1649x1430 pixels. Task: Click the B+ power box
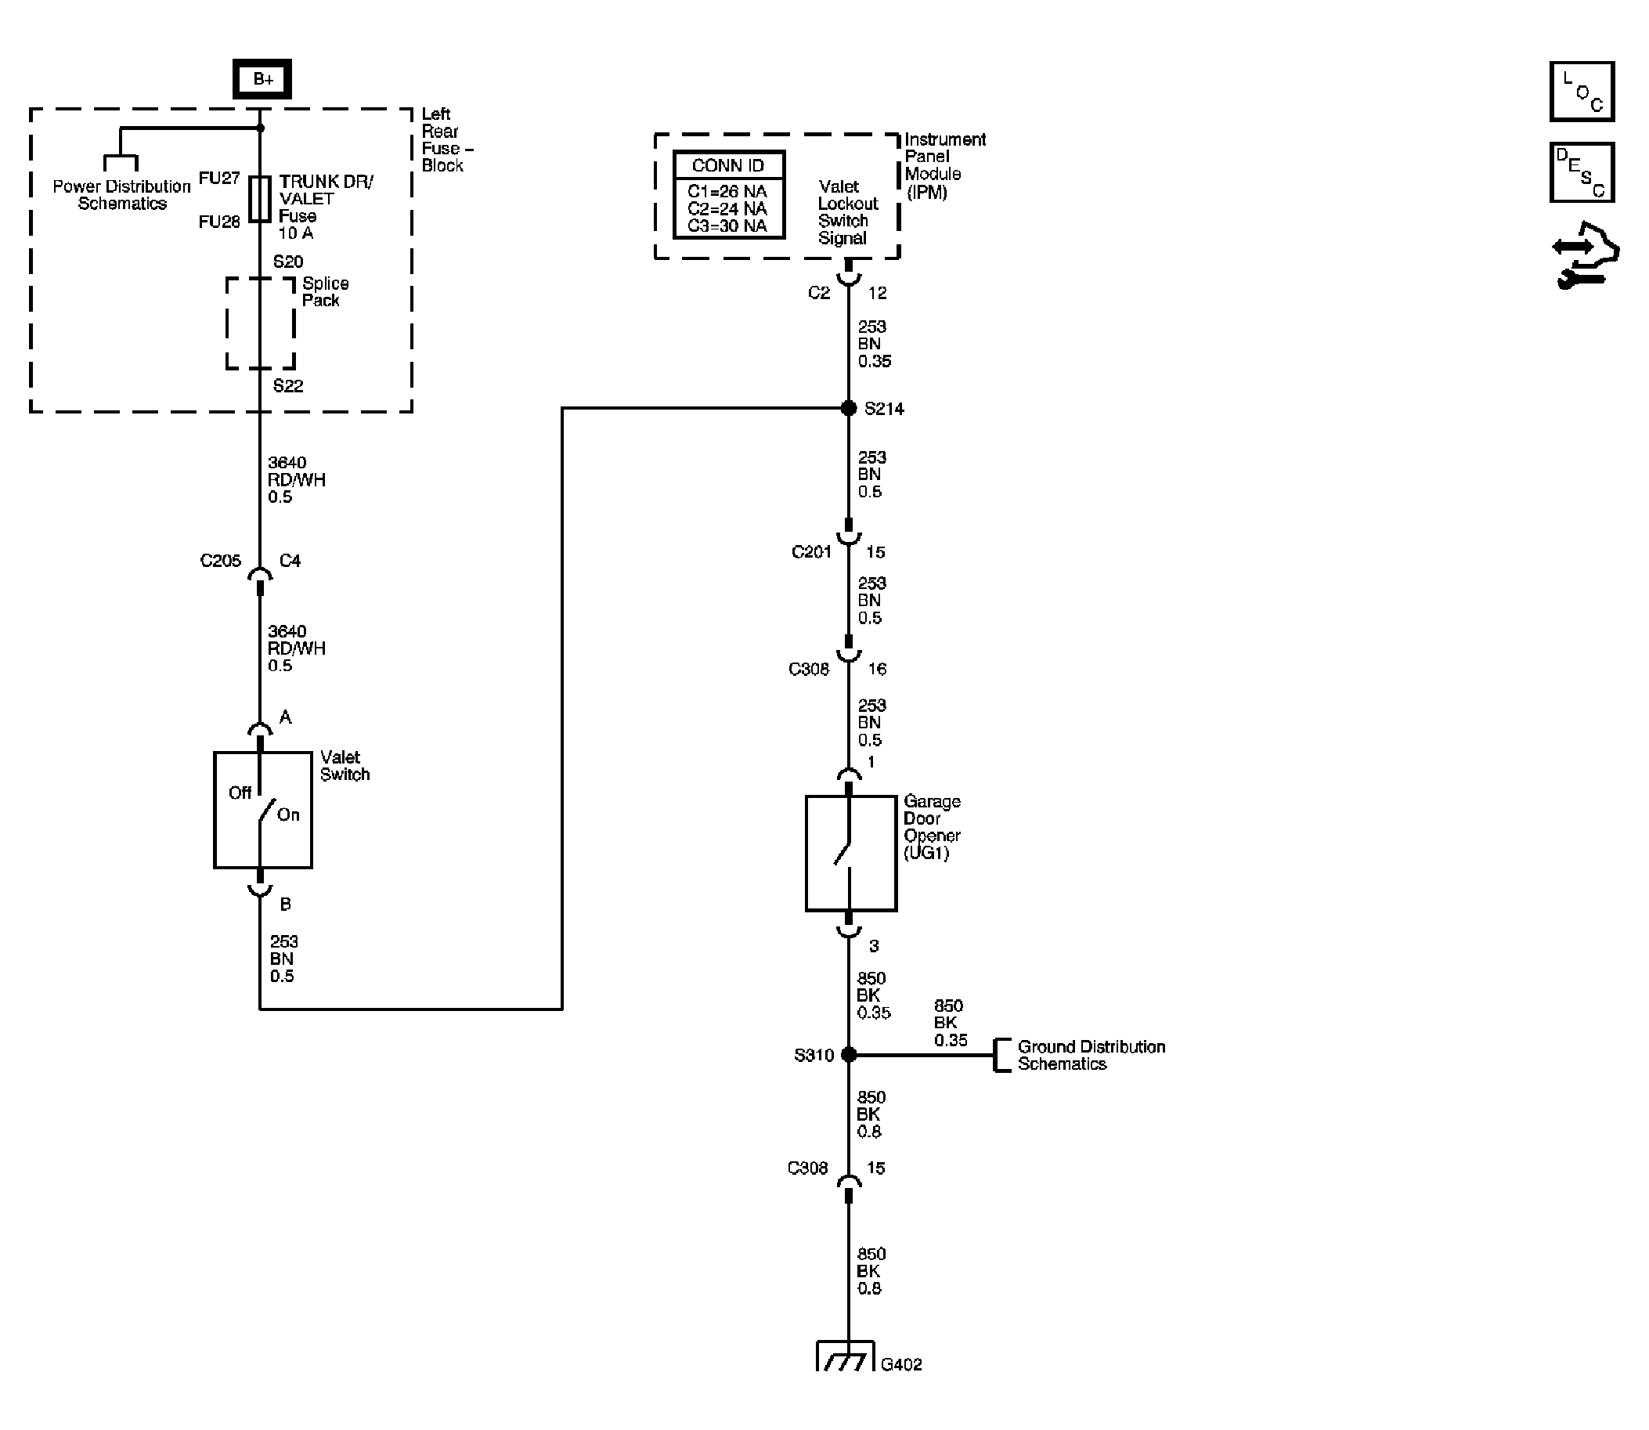[x=262, y=79]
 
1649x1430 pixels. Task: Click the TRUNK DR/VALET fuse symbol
[x=260, y=199]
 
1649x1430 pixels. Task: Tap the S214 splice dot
[x=848, y=409]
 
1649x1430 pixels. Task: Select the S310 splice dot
[x=849, y=1055]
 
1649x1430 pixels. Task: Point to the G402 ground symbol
[x=846, y=1356]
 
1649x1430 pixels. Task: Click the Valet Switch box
[x=262, y=810]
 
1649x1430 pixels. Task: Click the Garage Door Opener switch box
[x=850, y=853]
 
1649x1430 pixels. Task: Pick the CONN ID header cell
[x=728, y=165]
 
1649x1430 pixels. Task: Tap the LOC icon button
[x=1581, y=91]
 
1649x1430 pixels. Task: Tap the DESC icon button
[x=1581, y=172]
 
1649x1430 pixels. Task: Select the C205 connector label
[x=220, y=561]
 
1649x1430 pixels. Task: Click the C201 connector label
[x=811, y=552]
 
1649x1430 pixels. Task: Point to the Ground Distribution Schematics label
[x=1091, y=1055]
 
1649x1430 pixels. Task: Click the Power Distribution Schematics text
[x=121, y=195]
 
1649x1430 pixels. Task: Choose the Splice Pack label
[x=325, y=292]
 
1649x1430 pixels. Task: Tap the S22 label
[x=288, y=386]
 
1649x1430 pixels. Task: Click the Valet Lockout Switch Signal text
[x=846, y=212]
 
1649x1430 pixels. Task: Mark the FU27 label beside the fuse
[x=218, y=178]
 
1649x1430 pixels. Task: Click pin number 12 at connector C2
[x=877, y=293]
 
